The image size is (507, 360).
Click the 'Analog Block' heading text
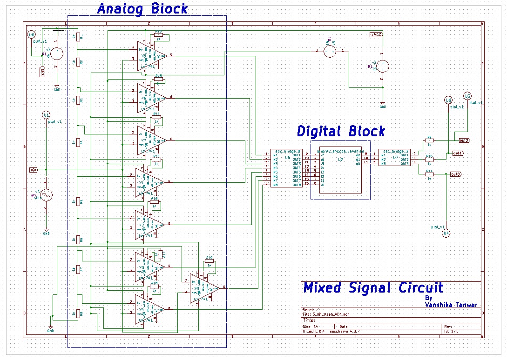coord(142,9)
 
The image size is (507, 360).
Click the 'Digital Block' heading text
coord(341,132)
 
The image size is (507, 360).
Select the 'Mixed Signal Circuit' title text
coord(373,288)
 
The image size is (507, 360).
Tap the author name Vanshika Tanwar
coord(451,305)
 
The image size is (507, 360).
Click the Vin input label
coord(34,170)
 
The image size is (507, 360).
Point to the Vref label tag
coord(42,72)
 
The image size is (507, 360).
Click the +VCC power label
coord(376,35)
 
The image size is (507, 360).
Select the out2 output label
coord(464,140)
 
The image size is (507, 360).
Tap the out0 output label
coord(456,174)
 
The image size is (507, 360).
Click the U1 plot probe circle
coord(46,115)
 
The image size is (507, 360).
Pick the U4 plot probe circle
coord(446,233)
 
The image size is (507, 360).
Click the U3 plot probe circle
coord(467,96)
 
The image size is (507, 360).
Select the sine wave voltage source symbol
coord(46,194)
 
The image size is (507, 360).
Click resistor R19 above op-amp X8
coord(209,262)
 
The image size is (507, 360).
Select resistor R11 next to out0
coord(429,174)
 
